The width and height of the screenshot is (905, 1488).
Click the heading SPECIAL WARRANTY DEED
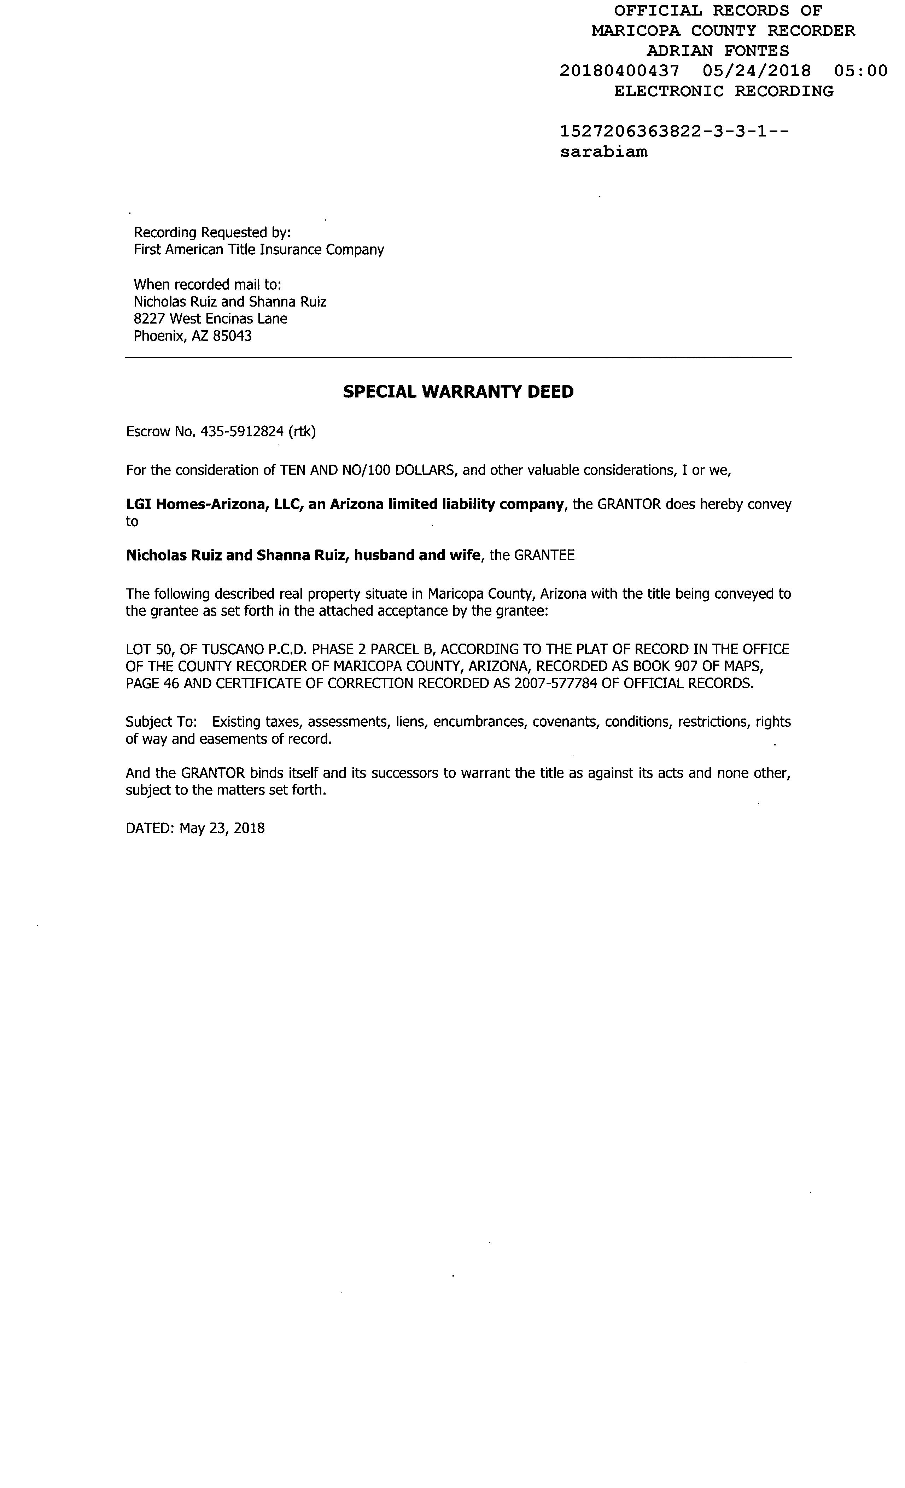point(458,392)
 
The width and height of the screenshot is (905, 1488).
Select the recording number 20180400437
point(619,71)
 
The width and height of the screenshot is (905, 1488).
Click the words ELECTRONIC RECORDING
point(723,91)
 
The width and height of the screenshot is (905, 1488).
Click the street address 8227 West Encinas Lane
point(210,319)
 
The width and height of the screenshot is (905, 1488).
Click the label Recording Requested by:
point(212,233)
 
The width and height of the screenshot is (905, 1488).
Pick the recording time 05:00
point(860,71)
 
